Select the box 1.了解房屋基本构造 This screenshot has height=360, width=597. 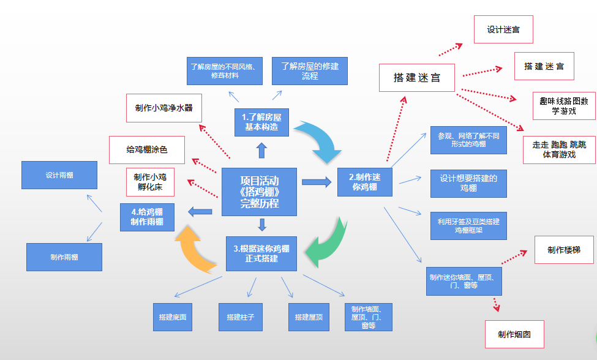261,122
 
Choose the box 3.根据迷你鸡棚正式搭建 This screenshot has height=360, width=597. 261,253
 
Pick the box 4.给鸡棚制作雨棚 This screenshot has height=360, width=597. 147,217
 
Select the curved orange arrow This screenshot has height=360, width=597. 195,247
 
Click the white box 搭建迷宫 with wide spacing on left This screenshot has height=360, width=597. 416,78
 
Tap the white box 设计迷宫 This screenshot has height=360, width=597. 503,29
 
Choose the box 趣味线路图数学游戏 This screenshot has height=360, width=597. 563,106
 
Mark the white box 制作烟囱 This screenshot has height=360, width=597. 514,334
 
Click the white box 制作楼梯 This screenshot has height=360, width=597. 563,250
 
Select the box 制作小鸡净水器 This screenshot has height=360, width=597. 163,108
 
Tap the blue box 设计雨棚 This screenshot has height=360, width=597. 59,175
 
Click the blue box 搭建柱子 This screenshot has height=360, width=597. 240,317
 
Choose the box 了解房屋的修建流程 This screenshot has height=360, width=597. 310,71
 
